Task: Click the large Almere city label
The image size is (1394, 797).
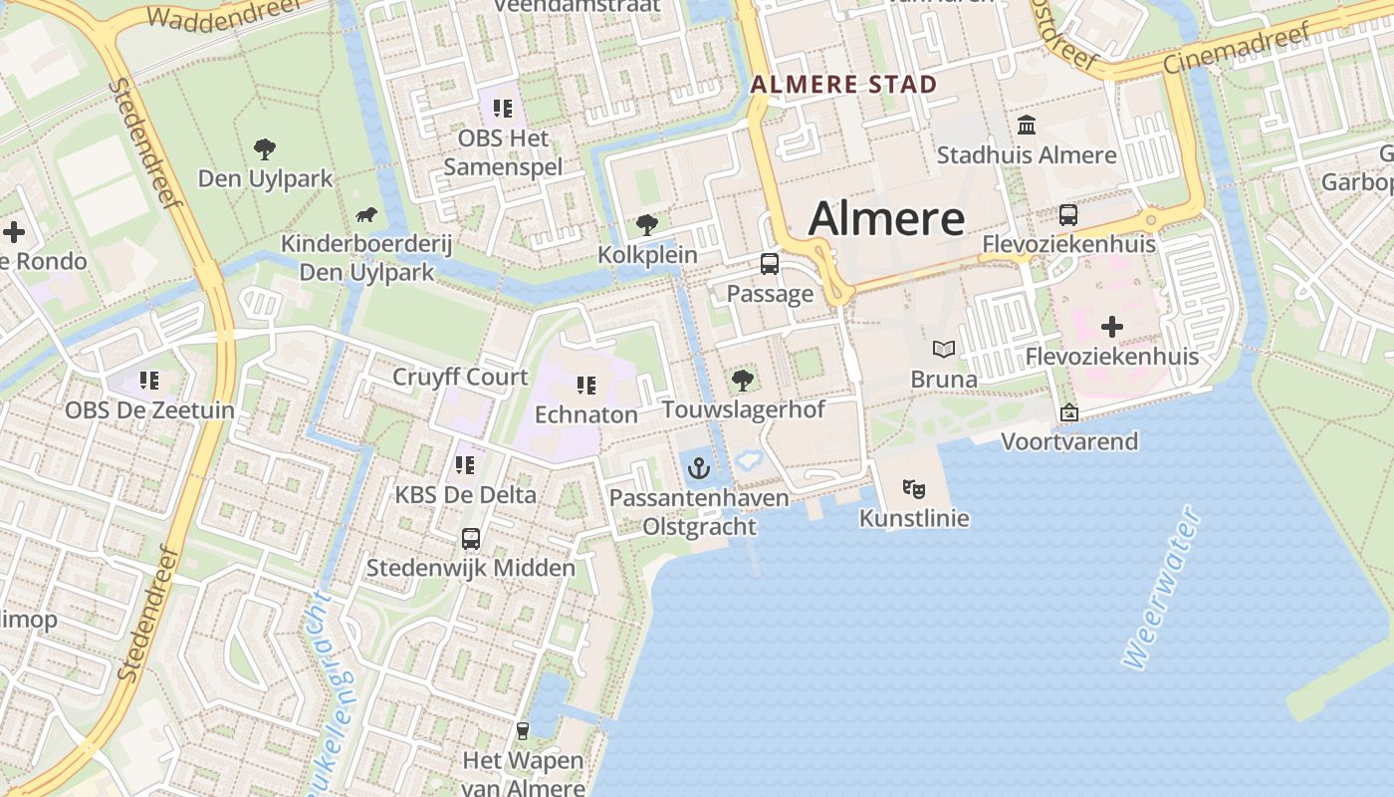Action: pyautogui.click(x=886, y=218)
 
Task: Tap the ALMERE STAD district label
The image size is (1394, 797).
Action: pyautogui.click(x=844, y=85)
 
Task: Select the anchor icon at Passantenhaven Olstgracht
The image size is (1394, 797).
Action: pyautogui.click(x=699, y=467)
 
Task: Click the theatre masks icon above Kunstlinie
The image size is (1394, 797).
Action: pyautogui.click(x=913, y=488)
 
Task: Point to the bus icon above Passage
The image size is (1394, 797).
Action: pyautogui.click(x=769, y=264)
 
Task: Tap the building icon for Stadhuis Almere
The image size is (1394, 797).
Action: pyautogui.click(x=1027, y=126)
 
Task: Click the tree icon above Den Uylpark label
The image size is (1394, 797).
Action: pyautogui.click(x=264, y=149)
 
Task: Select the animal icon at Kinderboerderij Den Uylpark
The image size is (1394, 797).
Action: pyautogui.click(x=366, y=214)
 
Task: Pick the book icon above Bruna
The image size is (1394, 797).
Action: pyautogui.click(x=943, y=350)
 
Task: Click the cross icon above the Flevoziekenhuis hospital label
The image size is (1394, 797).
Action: pyautogui.click(x=1111, y=327)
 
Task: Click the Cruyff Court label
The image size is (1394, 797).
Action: pyautogui.click(x=460, y=377)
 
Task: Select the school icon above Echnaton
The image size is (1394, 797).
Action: pyautogui.click(x=585, y=385)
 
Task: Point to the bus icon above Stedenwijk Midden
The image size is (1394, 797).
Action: pyautogui.click(x=471, y=539)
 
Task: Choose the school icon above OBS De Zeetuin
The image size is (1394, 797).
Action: pyautogui.click(x=149, y=380)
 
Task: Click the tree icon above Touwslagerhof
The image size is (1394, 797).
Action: pyautogui.click(x=742, y=380)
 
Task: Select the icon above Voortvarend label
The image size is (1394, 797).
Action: pyautogui.click(x=1068, y=412)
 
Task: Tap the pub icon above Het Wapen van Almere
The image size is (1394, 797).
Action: pyautogui.click(x=522, y=731)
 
